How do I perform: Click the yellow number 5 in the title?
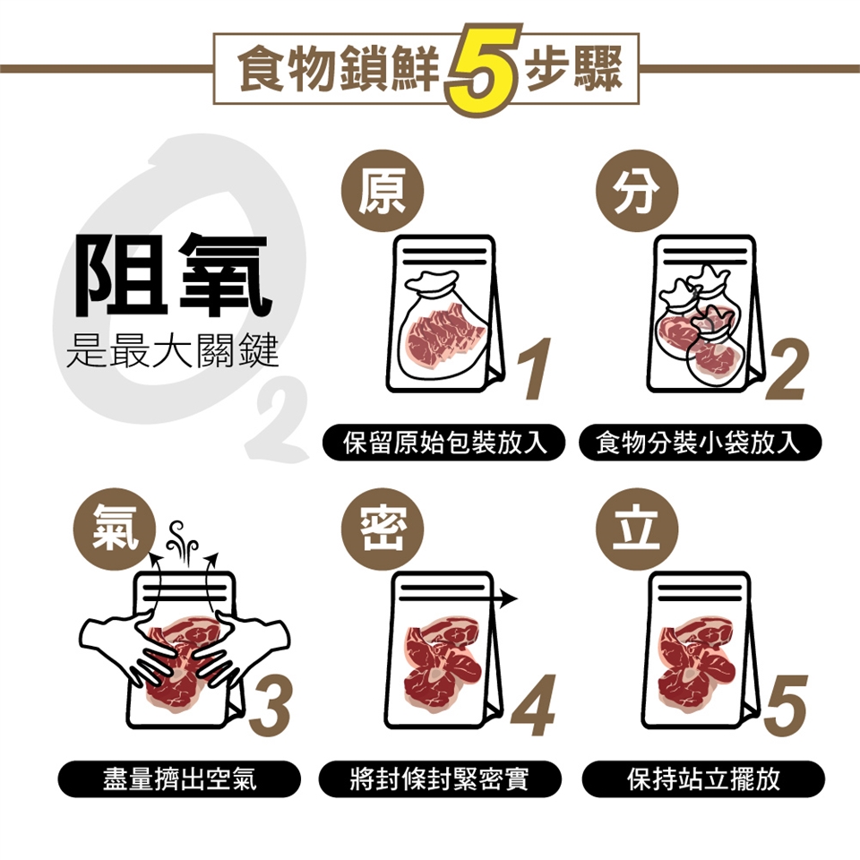point(484,68)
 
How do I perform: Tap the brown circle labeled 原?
point(383,190)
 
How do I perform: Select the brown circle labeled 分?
point(637,190)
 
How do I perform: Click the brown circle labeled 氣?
point(115,529)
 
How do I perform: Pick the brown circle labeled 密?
point(383,529)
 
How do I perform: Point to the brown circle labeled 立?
point(637,529)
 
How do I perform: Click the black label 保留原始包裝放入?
point(443,442)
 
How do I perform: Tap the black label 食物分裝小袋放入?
point(700,442)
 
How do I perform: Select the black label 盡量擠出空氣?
point(179,778)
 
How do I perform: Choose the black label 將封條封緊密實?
point(440,778)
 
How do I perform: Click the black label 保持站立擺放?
point(703,778)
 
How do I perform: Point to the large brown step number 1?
point(535,368)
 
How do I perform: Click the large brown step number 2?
point(787,368)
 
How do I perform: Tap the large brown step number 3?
point(270,706)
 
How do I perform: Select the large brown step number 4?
point(532,706)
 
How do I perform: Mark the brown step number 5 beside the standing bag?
point(787,706)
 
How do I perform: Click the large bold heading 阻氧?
point(173,275)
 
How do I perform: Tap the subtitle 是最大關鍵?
point(172,350)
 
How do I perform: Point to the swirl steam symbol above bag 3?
point(182,542)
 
